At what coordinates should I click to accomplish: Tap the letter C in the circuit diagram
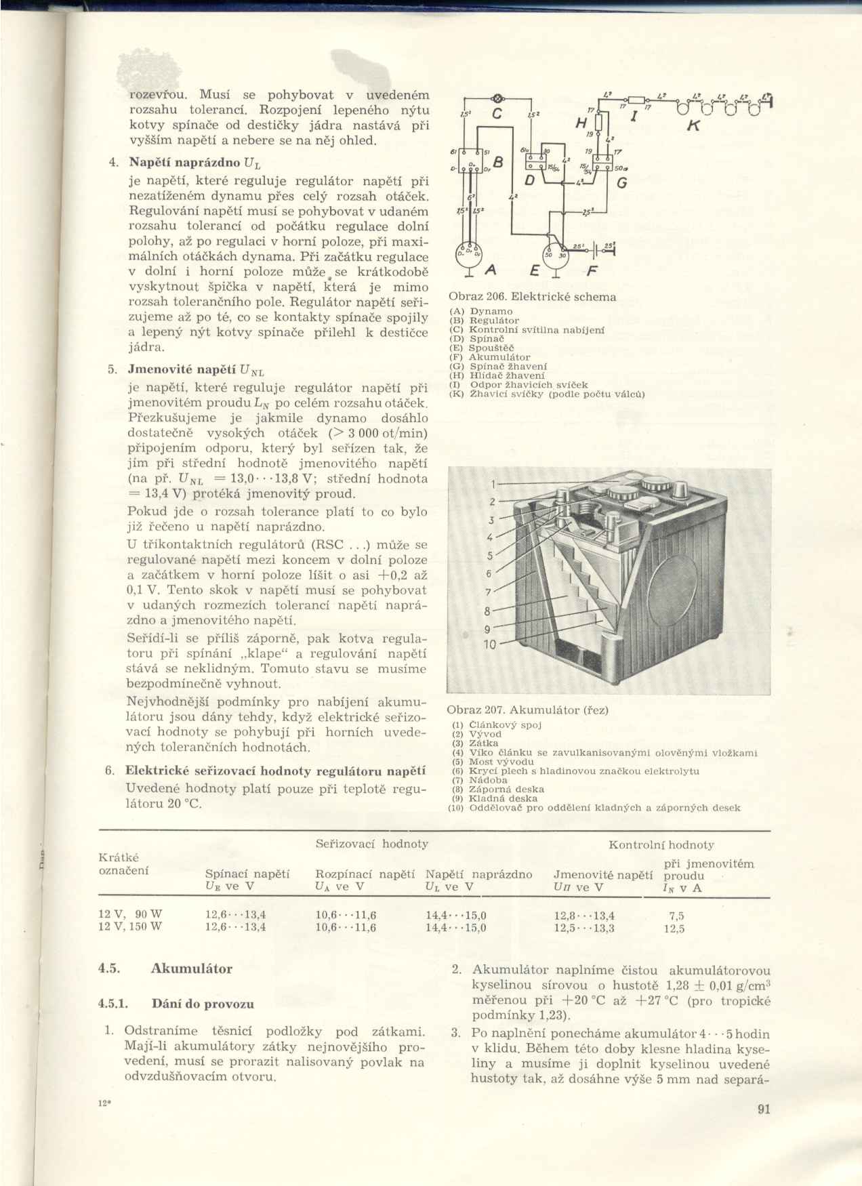click(x=496, y=115)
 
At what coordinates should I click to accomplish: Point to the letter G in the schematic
click(x=621, y=183)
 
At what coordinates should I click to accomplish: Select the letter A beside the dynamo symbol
click(x=492, y=270)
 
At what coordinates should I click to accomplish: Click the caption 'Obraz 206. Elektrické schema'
click(x=533, y=297)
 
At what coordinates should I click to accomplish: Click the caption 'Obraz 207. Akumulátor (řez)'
click(x=528, y=710)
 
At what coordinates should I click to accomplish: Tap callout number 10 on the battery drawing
click(x=490, y=645)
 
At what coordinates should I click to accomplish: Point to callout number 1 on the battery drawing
click(x=494, y=484)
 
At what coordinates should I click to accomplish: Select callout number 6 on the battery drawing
click(x=489, y=573)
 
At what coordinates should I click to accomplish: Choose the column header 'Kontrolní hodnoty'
click(x=661, y=844)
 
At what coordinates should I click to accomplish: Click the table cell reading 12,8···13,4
click(x=584, y=915)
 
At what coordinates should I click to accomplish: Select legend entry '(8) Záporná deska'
click(x=498, y=789)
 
